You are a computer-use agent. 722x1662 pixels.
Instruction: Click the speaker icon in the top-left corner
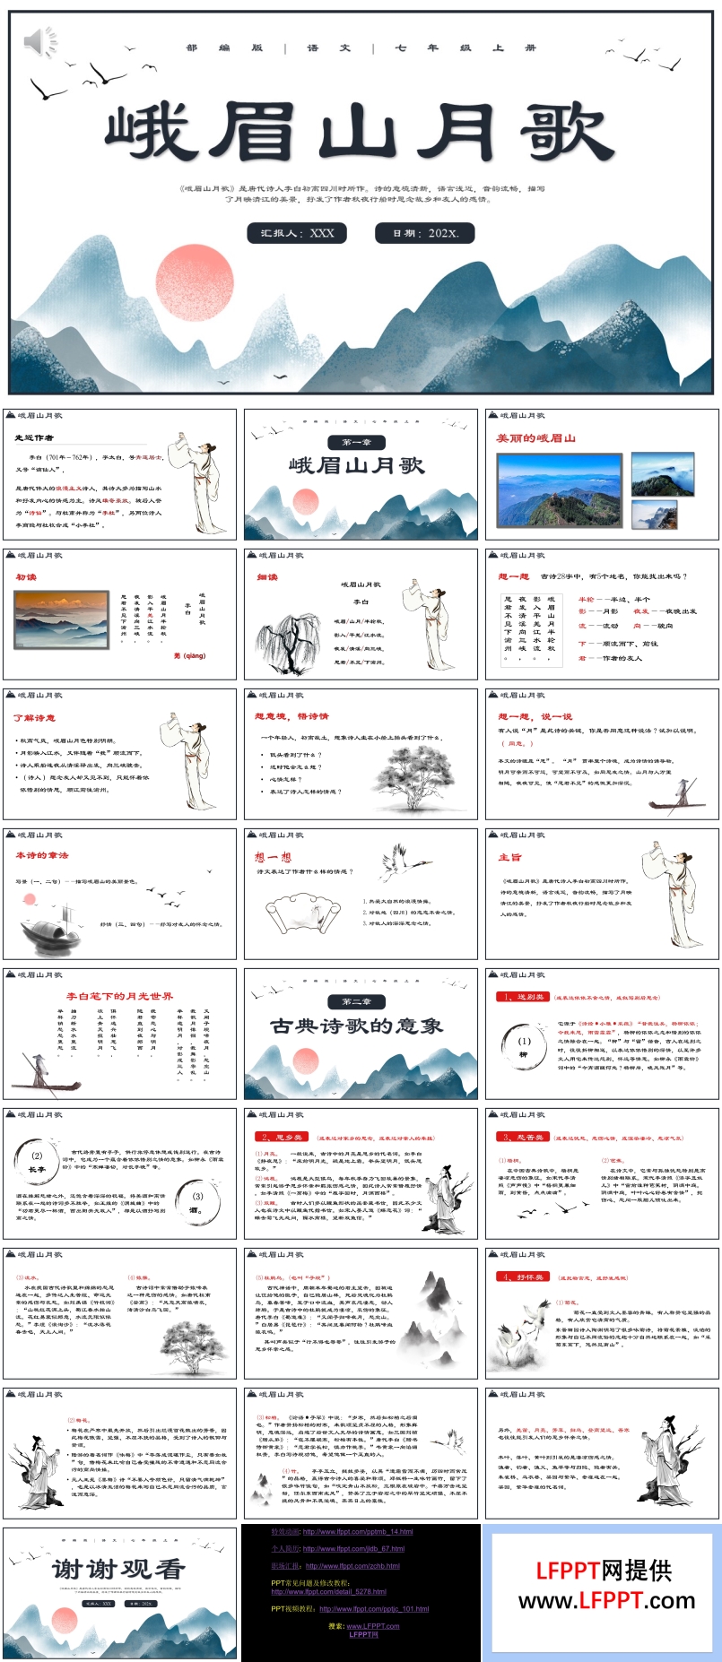pyautogui.click(x=38, y=41)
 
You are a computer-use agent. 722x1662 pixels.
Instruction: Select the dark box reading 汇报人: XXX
pyautogui.click(x=298, y=233)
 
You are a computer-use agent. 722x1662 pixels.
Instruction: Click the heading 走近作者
pyautogui.click(x=34, y=437)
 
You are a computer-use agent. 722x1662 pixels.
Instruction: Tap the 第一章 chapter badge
pyautogui.click(x=356, y=442)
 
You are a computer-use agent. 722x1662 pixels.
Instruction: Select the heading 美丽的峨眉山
pyautogui.click(x=536, y=438)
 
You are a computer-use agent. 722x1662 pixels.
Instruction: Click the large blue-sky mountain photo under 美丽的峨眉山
pyautogui.click(x=559, y=489)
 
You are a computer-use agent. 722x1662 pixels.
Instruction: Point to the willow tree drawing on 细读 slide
pyautogui.click(x=288, y=643)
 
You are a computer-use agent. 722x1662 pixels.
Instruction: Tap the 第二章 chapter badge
pyautogui.click(x=356, y=1001)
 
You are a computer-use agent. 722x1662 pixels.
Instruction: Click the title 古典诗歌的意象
pyautogui.click(x=357, y=1026)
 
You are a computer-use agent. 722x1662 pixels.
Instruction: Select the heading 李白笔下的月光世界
pyautogui.click(x=119, y=996)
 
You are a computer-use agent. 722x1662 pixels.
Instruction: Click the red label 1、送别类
pyautogui.click(x=521, y=997)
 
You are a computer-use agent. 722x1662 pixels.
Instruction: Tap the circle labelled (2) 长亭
pyautogui.click(x=37, y=1162)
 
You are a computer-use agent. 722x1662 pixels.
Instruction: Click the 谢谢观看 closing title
pyautogui.click(x=118, y=1569)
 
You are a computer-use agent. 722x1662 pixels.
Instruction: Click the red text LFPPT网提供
pyautogui.click(x=604, y=1570)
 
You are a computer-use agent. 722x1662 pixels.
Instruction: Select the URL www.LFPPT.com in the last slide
pyautogui.click(x=606, y=1600)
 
